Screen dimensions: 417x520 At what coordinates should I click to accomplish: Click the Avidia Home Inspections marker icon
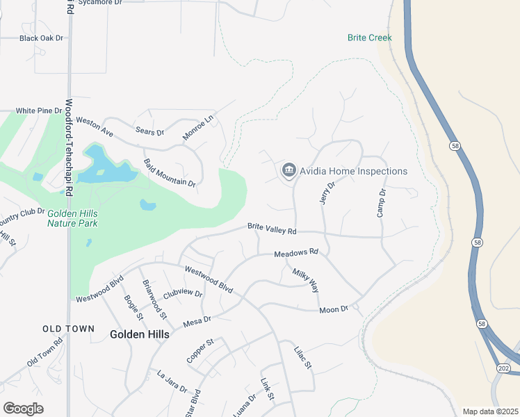click(x=289, y=170)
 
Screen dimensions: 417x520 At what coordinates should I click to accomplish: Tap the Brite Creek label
click(x=370, y=38)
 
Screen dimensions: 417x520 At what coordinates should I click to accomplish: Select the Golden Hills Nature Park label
click(x=72, y=219)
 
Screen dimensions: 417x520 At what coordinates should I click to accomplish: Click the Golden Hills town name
click(x=139, y=334)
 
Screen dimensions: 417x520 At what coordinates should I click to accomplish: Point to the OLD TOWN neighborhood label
click(x=68, y=329)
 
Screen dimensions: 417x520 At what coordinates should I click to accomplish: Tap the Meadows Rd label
click(x=295, y=254)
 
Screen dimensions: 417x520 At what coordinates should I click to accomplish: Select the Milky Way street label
click(x=305, y=280)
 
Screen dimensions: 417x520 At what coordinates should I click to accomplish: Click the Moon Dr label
click(x=333, y=309)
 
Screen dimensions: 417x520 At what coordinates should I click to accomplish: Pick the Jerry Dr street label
click(x=327, y=193)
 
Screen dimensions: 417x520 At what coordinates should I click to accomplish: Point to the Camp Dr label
click(x=381, y=202)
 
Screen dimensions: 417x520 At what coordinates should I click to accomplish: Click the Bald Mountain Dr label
click(x=170, y=173)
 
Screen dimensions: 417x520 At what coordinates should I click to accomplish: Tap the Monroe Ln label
click(x=200, y=128)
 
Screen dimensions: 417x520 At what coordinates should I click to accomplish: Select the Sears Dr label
click(x=149, y=131)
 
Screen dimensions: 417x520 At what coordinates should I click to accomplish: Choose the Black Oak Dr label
click(x=41, y=38)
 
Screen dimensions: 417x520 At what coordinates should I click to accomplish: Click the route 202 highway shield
click(x=502, y=368)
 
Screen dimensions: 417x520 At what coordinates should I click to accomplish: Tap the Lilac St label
click(x=304, y=357)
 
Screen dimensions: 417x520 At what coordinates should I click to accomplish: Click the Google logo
click(x=24, y=408)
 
